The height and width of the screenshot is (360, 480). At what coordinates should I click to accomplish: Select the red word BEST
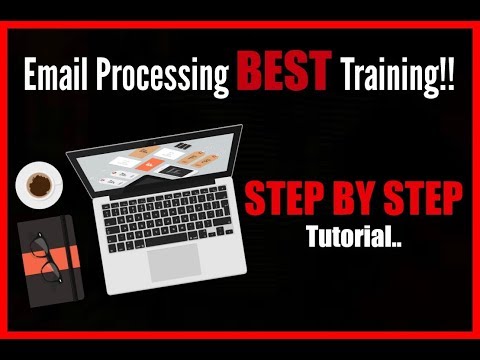click(x=285, y=73)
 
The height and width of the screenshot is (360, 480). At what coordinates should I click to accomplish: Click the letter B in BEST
click(x=250, y=73)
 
